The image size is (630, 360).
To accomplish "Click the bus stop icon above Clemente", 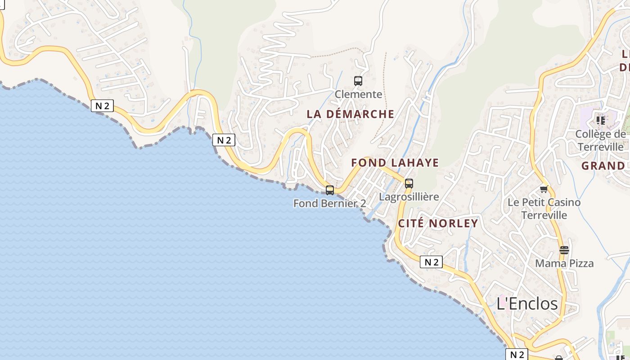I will point(358,81).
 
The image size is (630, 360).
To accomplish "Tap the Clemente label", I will point(358,94).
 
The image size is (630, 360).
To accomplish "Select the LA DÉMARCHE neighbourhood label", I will point(350,114).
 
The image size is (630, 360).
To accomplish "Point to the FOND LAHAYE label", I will point(395,163).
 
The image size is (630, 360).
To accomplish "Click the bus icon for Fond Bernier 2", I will point(330,190).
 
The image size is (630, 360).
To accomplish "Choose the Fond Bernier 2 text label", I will point(329,203).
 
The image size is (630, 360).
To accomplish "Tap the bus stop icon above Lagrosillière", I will point(409,184).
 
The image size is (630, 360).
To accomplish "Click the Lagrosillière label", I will point(409,197).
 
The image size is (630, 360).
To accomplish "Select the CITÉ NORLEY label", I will point(438,224).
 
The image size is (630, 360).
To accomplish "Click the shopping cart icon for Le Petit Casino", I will point(544,189).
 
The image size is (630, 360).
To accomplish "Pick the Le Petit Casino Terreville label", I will point(544,209).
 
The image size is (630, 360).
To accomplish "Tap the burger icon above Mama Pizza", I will point(564,250).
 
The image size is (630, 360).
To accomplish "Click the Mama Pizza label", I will point(564,263).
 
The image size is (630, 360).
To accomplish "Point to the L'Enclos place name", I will point(527,303).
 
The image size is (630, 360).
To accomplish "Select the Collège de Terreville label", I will point(601,140).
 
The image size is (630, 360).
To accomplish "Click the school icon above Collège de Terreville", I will point(600,120).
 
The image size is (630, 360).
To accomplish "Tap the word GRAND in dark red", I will point(603,166).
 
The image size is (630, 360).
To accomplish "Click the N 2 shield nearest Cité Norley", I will point(431,262).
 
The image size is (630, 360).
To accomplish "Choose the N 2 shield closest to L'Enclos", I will point(517,354).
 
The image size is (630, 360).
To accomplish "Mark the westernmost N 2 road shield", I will point(102,106).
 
